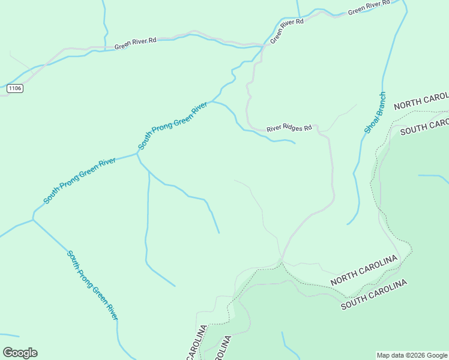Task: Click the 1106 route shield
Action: [15, 88]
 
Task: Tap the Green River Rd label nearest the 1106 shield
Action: [135, 43]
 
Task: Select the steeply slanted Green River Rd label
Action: [286, 31]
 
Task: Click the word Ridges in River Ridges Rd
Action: [292, 128]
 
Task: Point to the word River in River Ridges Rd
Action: [274, 128]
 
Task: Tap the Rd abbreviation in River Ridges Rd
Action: [308, 128]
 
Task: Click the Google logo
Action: [20, 353]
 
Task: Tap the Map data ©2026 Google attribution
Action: [412, 355]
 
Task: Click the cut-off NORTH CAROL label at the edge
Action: [421, 101]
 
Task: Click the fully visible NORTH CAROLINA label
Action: [364, 271]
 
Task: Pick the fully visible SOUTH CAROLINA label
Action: [374, 294]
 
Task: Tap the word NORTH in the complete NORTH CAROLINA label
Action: [345, 277]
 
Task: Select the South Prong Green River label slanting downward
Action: [92, 285]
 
